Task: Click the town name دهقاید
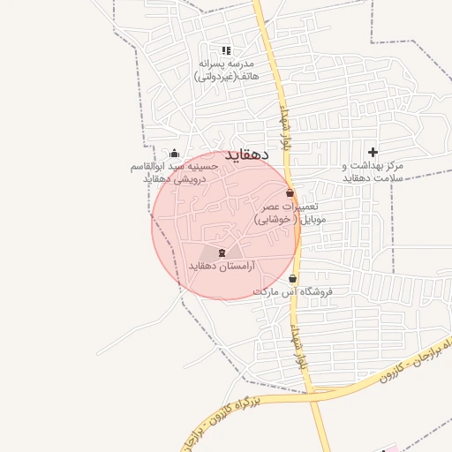(245, 155)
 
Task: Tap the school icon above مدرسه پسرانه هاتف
(225, 50)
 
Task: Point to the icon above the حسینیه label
(173, 154)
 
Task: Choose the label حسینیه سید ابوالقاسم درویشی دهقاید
(173, 173)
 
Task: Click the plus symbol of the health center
(373, 152)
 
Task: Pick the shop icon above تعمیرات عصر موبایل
(290, 192)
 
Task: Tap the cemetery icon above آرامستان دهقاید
(222, 252)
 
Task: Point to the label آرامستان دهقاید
(222, 266)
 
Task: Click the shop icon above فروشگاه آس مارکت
(292, 278)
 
